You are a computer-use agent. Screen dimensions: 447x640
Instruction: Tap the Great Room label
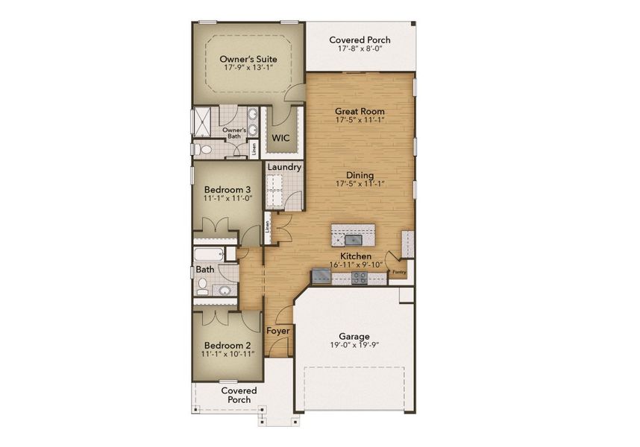tap(360, 110)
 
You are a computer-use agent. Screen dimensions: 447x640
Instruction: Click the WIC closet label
tap(280, 138)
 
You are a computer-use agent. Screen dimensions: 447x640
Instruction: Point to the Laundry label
tap(283, 168)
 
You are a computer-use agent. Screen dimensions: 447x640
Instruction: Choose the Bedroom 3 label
tap(227, 189)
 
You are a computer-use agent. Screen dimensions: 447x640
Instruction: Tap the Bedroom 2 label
tap(228, 346)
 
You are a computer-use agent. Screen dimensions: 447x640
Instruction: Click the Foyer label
tap(278, 331)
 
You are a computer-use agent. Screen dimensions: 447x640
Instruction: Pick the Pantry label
tap(399, 272)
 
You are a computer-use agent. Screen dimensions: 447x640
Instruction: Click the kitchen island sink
tap(353, 240)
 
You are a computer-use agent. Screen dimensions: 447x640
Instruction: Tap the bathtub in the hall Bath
tap(209, 254)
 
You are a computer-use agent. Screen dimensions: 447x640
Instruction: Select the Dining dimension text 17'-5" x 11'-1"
tap(360, 183)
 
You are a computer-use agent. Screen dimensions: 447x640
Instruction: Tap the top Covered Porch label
tap(360, 41)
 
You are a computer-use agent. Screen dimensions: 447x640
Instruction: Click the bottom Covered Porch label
tap(239, 396)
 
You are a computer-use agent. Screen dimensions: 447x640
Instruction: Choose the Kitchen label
tap(356, 256)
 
